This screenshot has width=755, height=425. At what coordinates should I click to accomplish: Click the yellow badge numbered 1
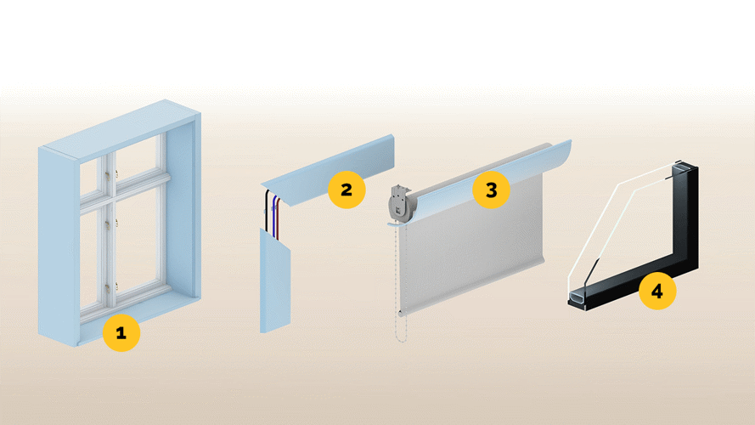point(121,332)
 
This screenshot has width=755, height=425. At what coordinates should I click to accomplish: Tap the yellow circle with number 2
point(347,190)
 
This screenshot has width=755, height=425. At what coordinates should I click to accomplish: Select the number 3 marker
point(491,190)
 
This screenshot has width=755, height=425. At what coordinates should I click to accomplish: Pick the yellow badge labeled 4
point(657,291)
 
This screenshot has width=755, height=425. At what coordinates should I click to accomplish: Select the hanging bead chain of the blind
point(402,283)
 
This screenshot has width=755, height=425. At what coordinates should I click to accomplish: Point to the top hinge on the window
point(108,174)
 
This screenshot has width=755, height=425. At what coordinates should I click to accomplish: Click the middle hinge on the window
point(108,224)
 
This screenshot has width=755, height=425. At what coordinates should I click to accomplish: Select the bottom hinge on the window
point(108,287)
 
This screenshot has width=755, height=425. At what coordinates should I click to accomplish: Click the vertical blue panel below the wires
point(275,280)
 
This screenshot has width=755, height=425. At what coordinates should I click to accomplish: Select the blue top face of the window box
point(121,128)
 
